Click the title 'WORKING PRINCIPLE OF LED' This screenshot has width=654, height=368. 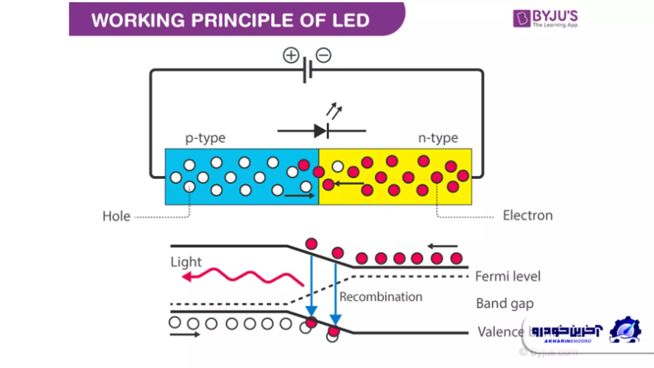pos(230,20)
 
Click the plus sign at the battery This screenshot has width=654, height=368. pos(292,55)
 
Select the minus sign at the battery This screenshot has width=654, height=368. pos(323,55)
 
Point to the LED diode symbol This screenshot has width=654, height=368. pos(321,131)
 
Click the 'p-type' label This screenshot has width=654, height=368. pos(205,138)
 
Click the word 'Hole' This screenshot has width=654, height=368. pos(116,216)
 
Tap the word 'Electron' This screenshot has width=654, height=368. pos(527,216)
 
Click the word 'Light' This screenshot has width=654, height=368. pos(186,262)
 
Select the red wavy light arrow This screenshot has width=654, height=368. pos(243,278)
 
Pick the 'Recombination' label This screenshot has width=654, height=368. pos(381,297)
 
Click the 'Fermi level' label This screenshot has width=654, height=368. pos(508,277)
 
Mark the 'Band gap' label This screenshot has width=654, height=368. pos(504,303)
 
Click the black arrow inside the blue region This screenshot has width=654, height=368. pos(299,196)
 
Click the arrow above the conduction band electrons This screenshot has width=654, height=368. pos(442,246)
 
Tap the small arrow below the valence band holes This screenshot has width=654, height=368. pos(184,335)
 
